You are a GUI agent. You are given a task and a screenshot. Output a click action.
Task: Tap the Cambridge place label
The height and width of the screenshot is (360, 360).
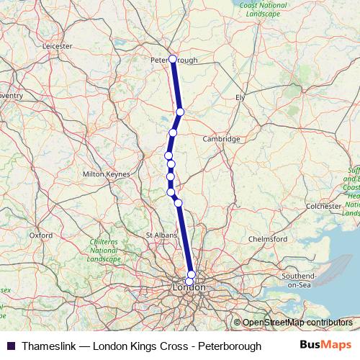[220, 138]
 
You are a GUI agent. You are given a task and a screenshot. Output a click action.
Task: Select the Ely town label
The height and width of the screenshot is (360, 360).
[240, 96]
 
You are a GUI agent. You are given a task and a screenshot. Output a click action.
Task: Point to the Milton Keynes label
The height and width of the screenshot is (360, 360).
[107, 174]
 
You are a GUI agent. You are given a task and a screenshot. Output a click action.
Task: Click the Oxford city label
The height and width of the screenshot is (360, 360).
[41, 235]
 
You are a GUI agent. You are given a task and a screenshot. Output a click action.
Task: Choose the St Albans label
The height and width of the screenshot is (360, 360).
[159, 235]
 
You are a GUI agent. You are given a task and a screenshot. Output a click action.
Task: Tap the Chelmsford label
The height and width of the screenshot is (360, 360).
[267, 238]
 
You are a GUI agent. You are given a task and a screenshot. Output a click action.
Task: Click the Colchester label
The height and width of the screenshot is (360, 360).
[323, 206]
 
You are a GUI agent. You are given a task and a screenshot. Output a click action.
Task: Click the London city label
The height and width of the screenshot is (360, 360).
[189, 287]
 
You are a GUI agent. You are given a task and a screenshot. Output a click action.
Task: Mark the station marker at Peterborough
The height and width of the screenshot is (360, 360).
[172, 59]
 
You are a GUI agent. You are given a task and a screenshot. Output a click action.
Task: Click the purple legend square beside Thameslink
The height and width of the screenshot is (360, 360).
[10, 346]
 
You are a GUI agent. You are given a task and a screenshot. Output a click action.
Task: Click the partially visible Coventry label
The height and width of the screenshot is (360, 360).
[11, 95]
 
